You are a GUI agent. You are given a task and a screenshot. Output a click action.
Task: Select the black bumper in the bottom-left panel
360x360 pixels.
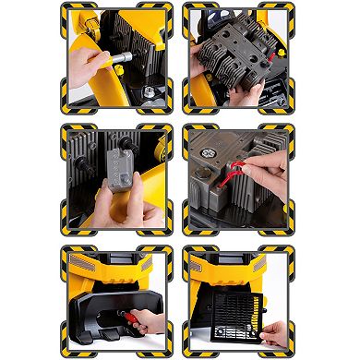102,305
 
